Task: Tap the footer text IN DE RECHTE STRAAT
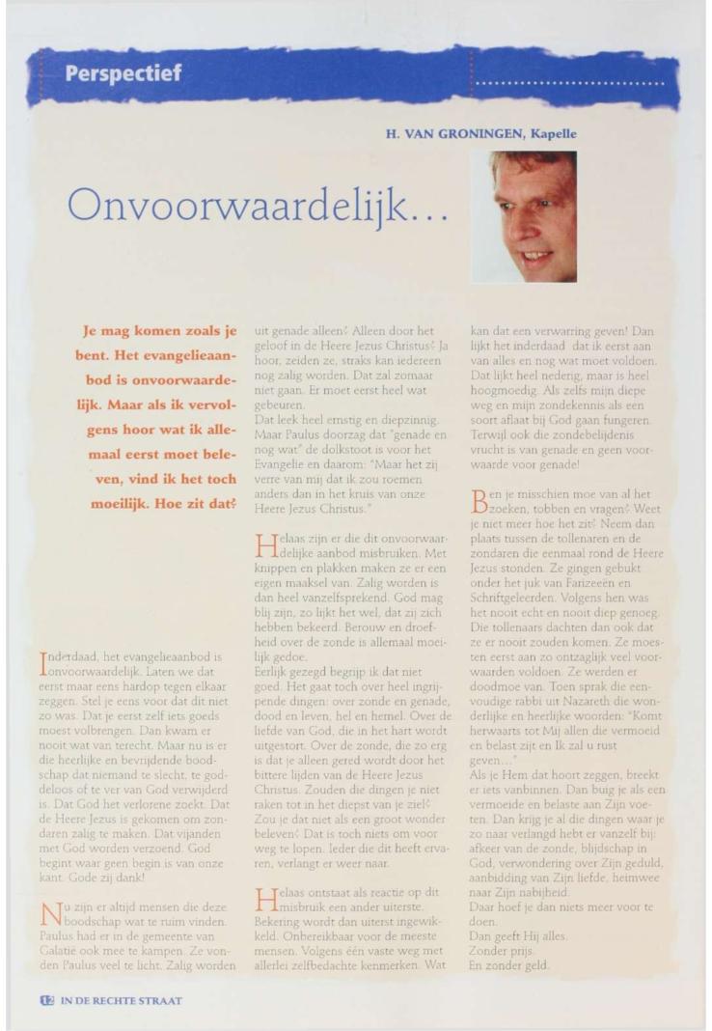click(107, 1000)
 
